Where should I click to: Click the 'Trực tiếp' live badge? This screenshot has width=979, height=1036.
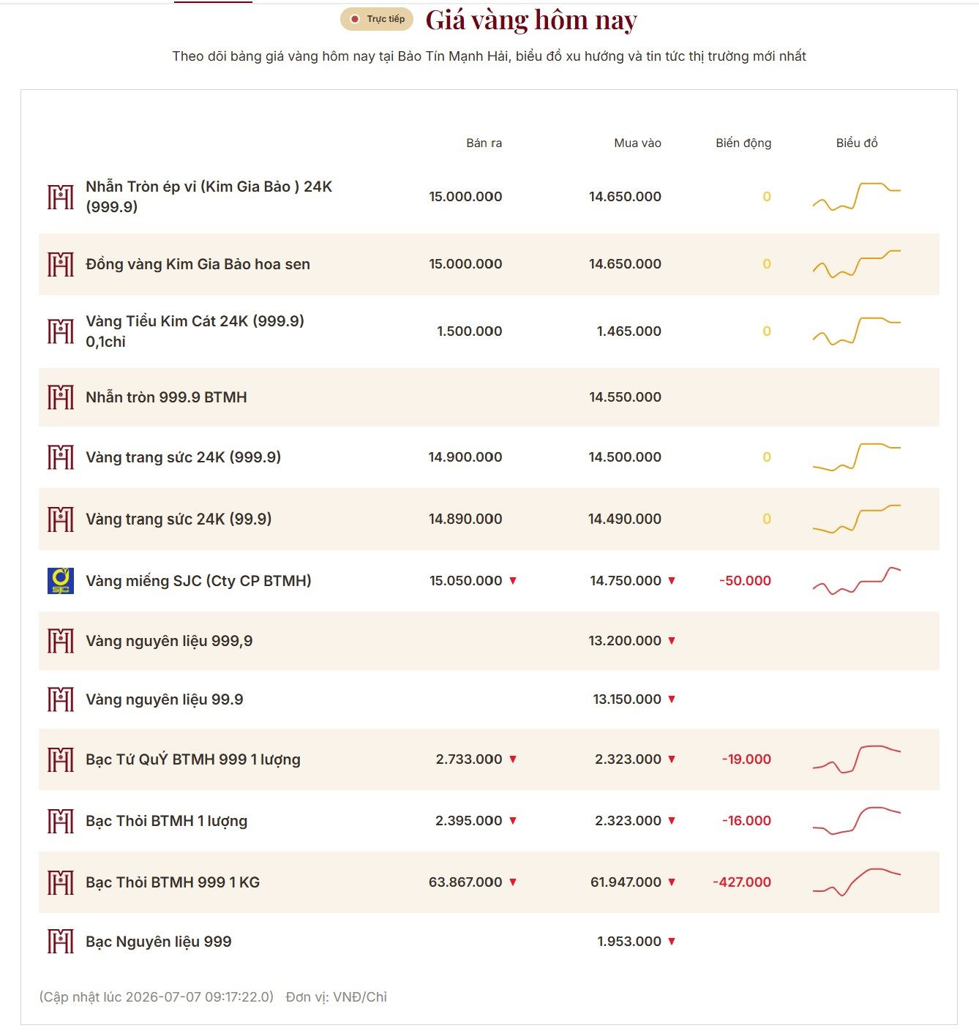coord(376,19)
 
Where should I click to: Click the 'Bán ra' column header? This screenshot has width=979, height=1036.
coord(484,143)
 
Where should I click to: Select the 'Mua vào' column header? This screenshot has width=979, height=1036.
coord(637,143)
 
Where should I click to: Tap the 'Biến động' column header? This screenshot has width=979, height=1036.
coord(743,143)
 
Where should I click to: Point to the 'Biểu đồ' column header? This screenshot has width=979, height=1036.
coord(856,143)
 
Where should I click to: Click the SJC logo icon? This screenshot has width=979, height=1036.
coord(61,581)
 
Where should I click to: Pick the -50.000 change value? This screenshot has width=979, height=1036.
coord(745,581)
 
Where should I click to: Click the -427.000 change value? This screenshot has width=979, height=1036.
coord(741,882)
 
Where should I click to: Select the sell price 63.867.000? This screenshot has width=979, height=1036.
coord(465,882)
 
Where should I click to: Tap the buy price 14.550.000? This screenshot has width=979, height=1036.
coord(625,397)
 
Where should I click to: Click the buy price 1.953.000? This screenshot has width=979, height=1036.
coord(629,942)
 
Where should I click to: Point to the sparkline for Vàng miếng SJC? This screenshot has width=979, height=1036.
coord(856,581)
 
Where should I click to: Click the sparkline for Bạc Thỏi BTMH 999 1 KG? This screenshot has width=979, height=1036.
coord(856,882)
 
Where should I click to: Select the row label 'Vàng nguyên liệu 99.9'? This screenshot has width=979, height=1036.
coord(165,699)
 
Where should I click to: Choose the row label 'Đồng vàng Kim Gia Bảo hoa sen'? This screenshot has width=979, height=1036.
coord(198,264)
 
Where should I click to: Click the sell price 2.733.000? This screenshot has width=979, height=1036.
coord(468,759)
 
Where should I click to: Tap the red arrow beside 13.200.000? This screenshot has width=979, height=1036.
coord(672,641)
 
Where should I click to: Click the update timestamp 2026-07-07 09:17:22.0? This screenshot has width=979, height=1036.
coord(199,997)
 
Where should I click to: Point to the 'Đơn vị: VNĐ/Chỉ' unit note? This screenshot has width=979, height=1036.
coord(336,997)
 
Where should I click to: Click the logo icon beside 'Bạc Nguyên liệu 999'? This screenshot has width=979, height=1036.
coord(61,942)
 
